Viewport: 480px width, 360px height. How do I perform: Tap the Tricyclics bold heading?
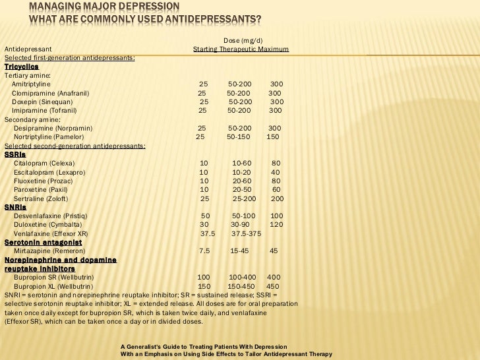22,67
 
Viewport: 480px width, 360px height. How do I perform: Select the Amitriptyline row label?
31,84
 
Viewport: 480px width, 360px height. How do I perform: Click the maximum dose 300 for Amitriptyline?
277,84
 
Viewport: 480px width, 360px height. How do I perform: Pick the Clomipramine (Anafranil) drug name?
51,93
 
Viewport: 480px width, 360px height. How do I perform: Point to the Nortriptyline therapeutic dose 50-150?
239,136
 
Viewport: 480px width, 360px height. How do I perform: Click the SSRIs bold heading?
15,154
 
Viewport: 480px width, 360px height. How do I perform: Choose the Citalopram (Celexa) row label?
44,162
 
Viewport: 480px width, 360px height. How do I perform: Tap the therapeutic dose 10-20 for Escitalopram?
242,171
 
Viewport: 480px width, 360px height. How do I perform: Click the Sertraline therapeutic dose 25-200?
244,198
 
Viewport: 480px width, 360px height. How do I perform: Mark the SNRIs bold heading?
15,206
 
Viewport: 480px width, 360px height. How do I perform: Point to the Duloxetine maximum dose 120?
276,224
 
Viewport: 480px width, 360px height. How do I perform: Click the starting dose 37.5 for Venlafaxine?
208,233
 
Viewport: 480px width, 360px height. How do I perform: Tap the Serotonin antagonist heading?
43,242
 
